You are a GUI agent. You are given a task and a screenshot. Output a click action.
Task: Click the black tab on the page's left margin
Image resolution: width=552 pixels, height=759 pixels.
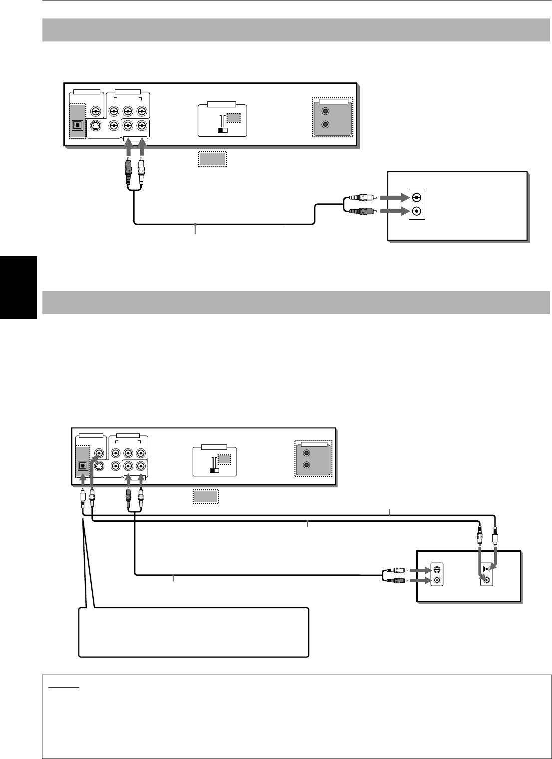(18, 287)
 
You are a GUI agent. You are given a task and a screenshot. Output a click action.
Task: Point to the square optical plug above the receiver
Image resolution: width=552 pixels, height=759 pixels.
(495, 539)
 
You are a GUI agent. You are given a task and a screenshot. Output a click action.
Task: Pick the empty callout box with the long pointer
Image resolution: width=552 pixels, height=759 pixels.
(194, 632)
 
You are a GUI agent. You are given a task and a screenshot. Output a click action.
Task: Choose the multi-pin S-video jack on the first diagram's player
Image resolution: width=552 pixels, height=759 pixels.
(95, 127)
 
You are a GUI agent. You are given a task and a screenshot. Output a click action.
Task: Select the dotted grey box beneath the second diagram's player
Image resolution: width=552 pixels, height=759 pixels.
(206, 497)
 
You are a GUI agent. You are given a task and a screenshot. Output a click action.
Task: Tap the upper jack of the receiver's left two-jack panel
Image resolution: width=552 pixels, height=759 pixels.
(437, 569)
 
